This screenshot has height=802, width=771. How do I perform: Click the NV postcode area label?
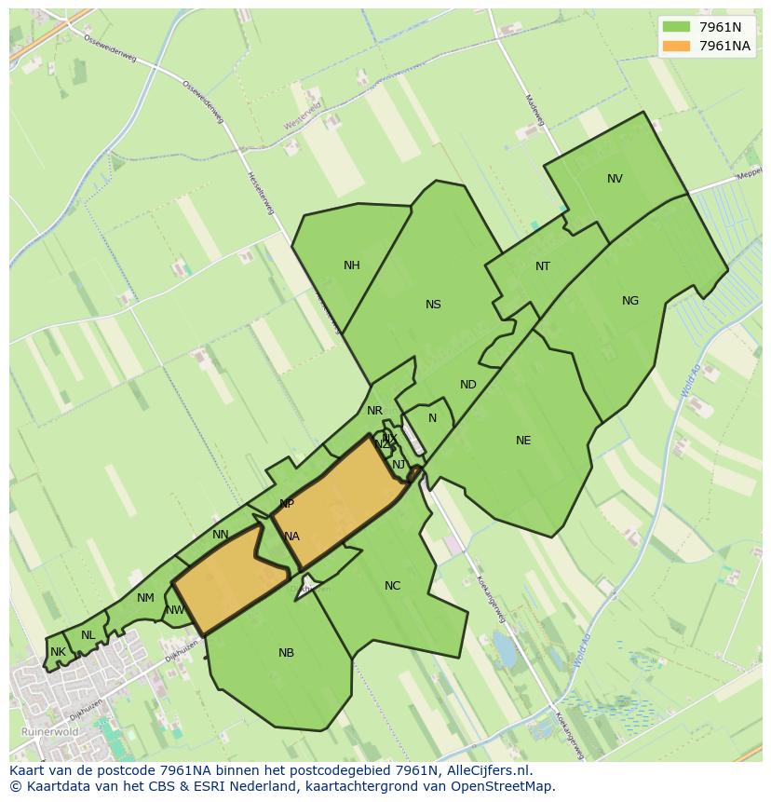[615, 179]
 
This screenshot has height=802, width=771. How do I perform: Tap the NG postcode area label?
[630, 301]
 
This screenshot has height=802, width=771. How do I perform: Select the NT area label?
[543, 266]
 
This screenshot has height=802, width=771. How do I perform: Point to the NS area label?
[433, 305]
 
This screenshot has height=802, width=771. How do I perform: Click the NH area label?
[351, 265]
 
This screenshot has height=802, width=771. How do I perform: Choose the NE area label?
[523, 441]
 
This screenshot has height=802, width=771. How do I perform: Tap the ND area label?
[468, 385]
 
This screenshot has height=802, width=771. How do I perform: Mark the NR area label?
[374, 411]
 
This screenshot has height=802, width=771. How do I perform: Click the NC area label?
[392, 586]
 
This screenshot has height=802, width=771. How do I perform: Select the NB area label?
[286, 653]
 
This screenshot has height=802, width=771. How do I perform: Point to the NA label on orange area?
[291, 537]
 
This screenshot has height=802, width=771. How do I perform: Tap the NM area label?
[145, 598]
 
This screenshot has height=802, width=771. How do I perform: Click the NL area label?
[88, 635]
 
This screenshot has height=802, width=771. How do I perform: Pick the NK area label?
[58, 652]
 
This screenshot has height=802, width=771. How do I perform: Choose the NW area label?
[174, 611]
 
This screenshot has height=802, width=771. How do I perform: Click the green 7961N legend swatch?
[676, 26]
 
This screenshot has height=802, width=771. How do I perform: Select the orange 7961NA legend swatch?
[676, 46]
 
